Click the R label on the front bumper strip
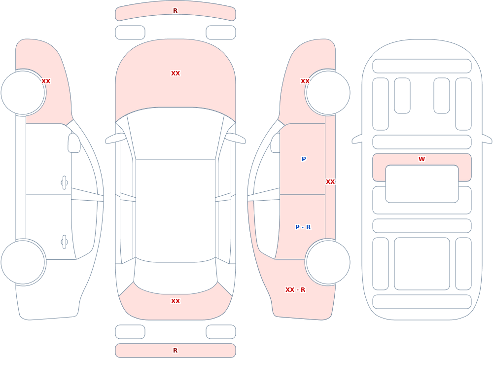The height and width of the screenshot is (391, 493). [x=176, y=11]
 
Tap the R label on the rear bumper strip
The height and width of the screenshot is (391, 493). [x=176, y=351]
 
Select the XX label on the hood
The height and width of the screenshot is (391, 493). [x=176, y=73]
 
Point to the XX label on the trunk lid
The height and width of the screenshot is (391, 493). [x=176, y=301]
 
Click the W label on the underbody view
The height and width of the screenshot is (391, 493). [x=422, y=159]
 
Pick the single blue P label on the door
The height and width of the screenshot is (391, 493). [x=304, y=159]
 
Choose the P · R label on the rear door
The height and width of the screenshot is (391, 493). [x=303, y=227]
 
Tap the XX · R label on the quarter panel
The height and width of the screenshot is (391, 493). [x=295, y=290]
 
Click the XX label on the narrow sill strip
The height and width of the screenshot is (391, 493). [x=330, y=182]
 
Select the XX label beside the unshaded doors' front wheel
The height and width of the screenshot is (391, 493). [x=46, y=81]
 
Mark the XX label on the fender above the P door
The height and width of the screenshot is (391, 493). [x=305, y=81]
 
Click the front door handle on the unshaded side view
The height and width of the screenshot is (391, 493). [x=64, y=183]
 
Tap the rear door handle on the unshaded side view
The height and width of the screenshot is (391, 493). [x=64, y=242]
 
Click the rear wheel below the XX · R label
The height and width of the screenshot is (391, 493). [x=328, y=262]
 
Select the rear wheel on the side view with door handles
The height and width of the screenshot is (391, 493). [x=23, y=262]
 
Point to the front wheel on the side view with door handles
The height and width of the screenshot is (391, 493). [x=23, y=93]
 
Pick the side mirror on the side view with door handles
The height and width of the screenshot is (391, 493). [x=74, y=143]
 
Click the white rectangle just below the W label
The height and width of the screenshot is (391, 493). [x=422, y=184]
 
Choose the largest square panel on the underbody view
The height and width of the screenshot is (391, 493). [x=422, y=264]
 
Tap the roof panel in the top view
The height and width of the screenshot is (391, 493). [x=176, y=211]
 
